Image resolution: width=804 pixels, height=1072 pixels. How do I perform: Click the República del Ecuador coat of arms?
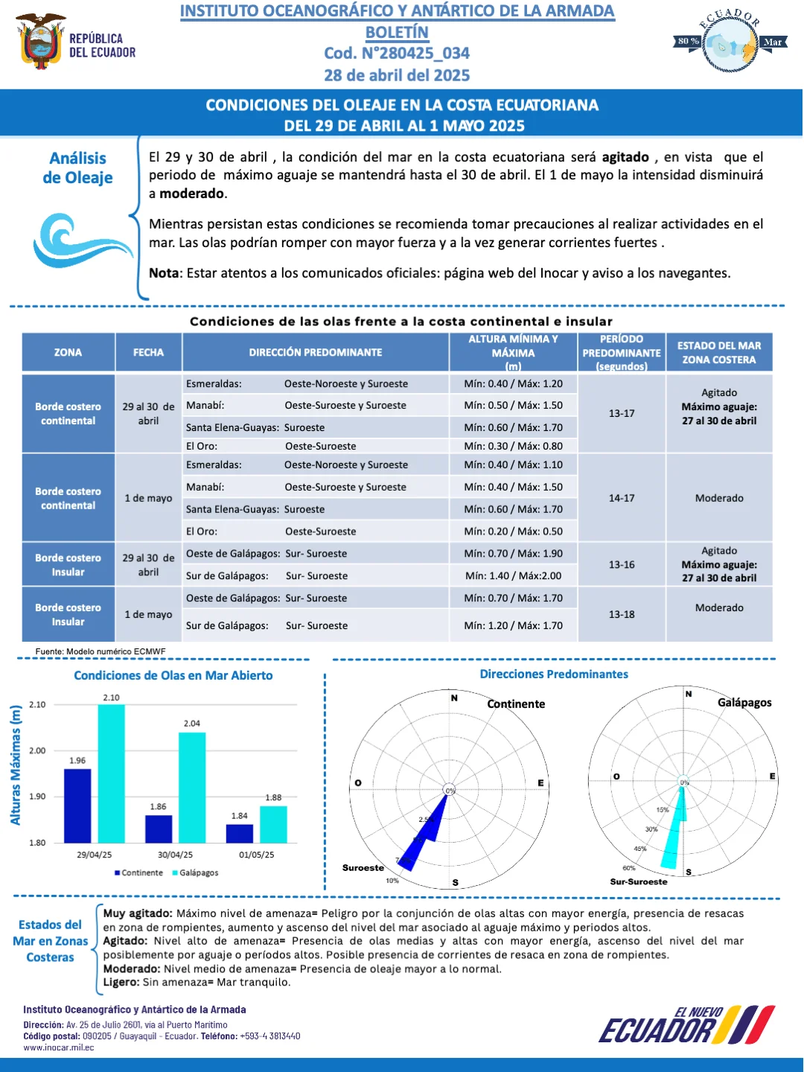(40, 40)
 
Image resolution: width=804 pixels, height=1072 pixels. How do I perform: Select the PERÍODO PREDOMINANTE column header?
(622, 352)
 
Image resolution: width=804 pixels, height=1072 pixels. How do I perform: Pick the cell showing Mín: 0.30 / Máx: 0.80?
(513, 446)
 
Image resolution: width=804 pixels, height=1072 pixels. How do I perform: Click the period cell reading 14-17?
(622, 498)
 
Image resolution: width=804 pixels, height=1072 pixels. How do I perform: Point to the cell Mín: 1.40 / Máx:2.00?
(513, 575)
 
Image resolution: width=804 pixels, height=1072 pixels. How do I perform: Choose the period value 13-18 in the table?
(622, 614)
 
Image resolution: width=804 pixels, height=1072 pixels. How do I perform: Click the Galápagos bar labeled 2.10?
(112, 773)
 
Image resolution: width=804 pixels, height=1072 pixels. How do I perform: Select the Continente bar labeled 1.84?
(240, 834)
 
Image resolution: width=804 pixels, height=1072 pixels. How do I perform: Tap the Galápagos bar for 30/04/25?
(192, 788)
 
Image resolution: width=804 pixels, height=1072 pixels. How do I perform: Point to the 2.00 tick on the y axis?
(37, 750)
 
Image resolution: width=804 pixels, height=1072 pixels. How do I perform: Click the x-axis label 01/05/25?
(256, 855)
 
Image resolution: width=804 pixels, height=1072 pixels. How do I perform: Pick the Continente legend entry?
(138, 872)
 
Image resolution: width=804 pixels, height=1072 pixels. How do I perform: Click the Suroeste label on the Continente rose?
(363, 868)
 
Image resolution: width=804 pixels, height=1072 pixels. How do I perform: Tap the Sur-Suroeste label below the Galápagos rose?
(639, 881)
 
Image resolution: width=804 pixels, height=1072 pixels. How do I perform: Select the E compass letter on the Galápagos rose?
(772, 776)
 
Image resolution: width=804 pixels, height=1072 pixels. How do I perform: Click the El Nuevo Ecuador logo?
(687, 1024)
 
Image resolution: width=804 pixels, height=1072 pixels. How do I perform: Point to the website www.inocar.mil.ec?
(59, 1047)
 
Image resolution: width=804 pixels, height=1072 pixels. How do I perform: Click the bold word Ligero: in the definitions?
(121, 982)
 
